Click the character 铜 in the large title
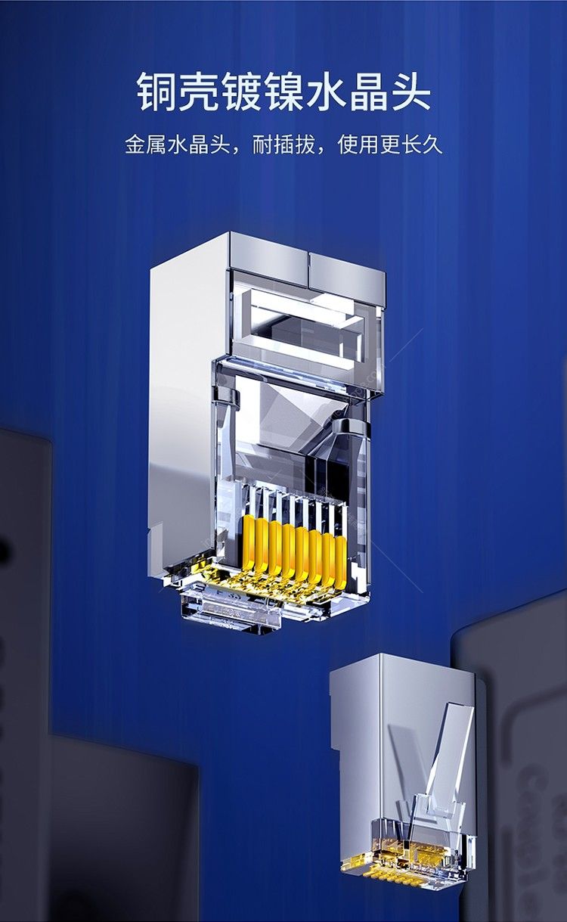pos(156,92)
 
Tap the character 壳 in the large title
pos(199,92)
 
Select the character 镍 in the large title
pos(283,92)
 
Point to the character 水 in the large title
pos(326,92)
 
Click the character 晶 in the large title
pos(368,92)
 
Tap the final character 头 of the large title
pos(411,92)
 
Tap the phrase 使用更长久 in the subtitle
pos(390,144)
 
